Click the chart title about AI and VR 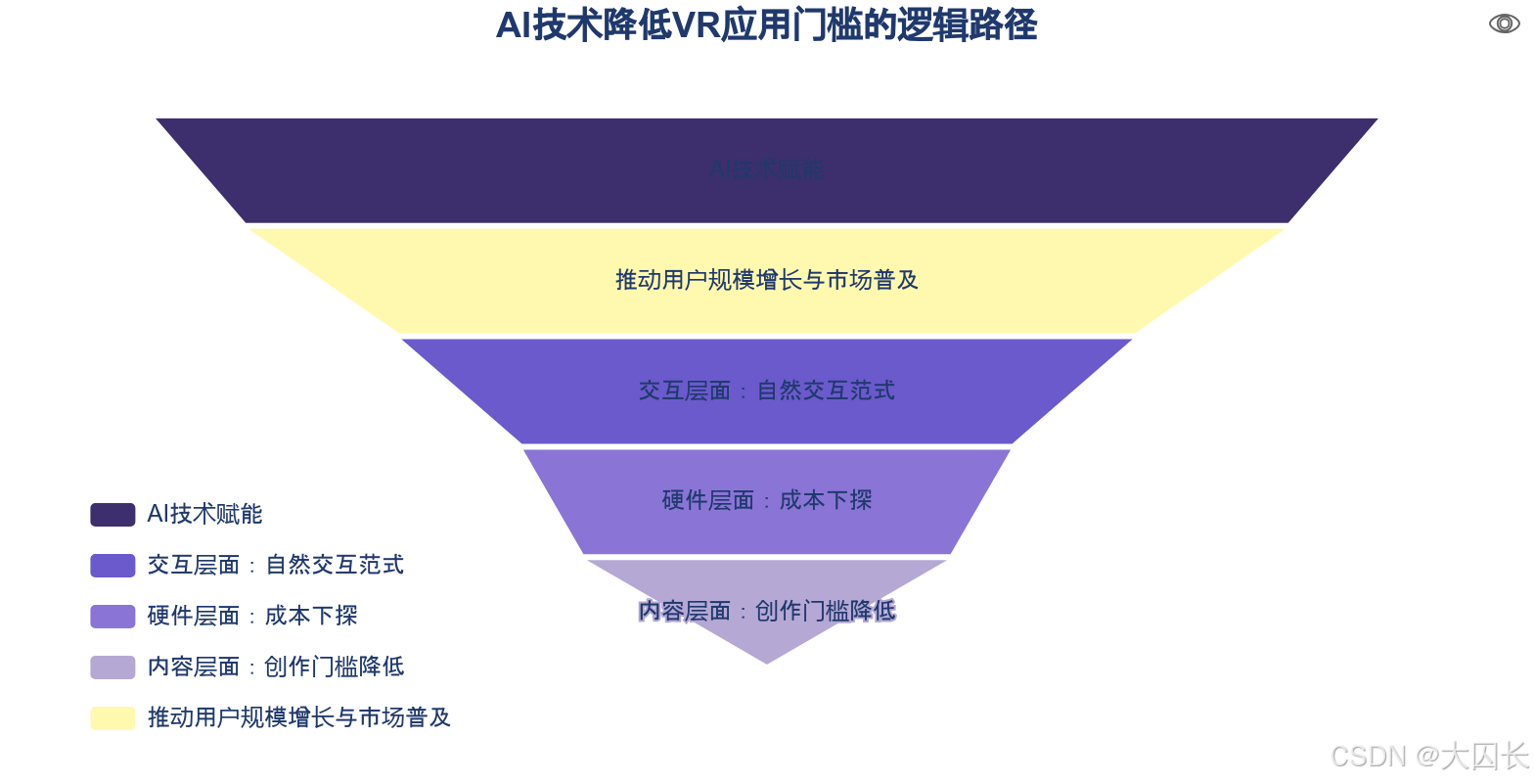pyautogui.click(x=766, y=25)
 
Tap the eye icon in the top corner pyautogui.click(x=1504, y=23)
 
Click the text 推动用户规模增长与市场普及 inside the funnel pyautogui.click(x=767, y=280)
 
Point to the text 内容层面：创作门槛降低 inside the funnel pyautogui.click(x=767, y=612)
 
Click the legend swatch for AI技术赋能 pyautogui.click(x=113, y=515)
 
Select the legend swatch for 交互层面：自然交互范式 pyautogui.click(x=113, y=566)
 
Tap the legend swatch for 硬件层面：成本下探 pyautogui.click(x=113, y=617)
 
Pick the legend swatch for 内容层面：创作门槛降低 pyautogui.click(x=113, y=668)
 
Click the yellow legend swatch pyautogui.click(x=113, y=718)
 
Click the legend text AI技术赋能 pyautogui.click(x=205, y=515)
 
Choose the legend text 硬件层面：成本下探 pyautogui.click(x=252, y=617)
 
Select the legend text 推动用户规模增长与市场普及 pyautogui.click(x=299, y=718)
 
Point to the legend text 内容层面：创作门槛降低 pyautogui.click(x=276, y=668)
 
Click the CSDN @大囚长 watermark pyautogui.click(x=1427, y=755)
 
